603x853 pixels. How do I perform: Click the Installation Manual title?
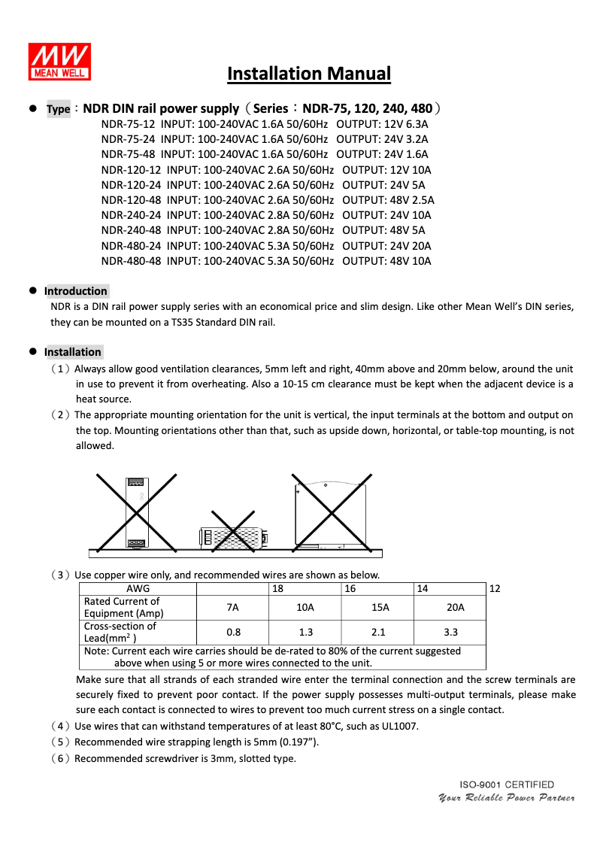(x=309, y=74)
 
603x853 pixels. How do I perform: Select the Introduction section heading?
(x=75, y=291)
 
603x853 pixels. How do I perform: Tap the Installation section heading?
(x=72, y=352)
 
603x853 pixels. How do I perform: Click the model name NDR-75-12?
(x=129, y=124)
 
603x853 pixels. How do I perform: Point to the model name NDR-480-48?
(x=132, y=261)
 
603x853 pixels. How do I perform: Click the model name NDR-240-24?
(x=132, y=215)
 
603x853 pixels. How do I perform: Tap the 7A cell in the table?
(x=232, y=608)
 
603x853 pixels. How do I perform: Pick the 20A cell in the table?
(x=450, y=608)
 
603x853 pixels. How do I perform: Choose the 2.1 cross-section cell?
(x=378, y=633)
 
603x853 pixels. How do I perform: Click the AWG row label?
(x=138, y=589)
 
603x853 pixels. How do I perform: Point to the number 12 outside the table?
(x=495, y=589)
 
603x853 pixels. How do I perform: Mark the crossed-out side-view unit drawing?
(x=332, y=511)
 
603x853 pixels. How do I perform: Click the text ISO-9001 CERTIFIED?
(x=507, y=785)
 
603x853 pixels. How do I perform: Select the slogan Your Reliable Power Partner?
(x=506, y=797)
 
